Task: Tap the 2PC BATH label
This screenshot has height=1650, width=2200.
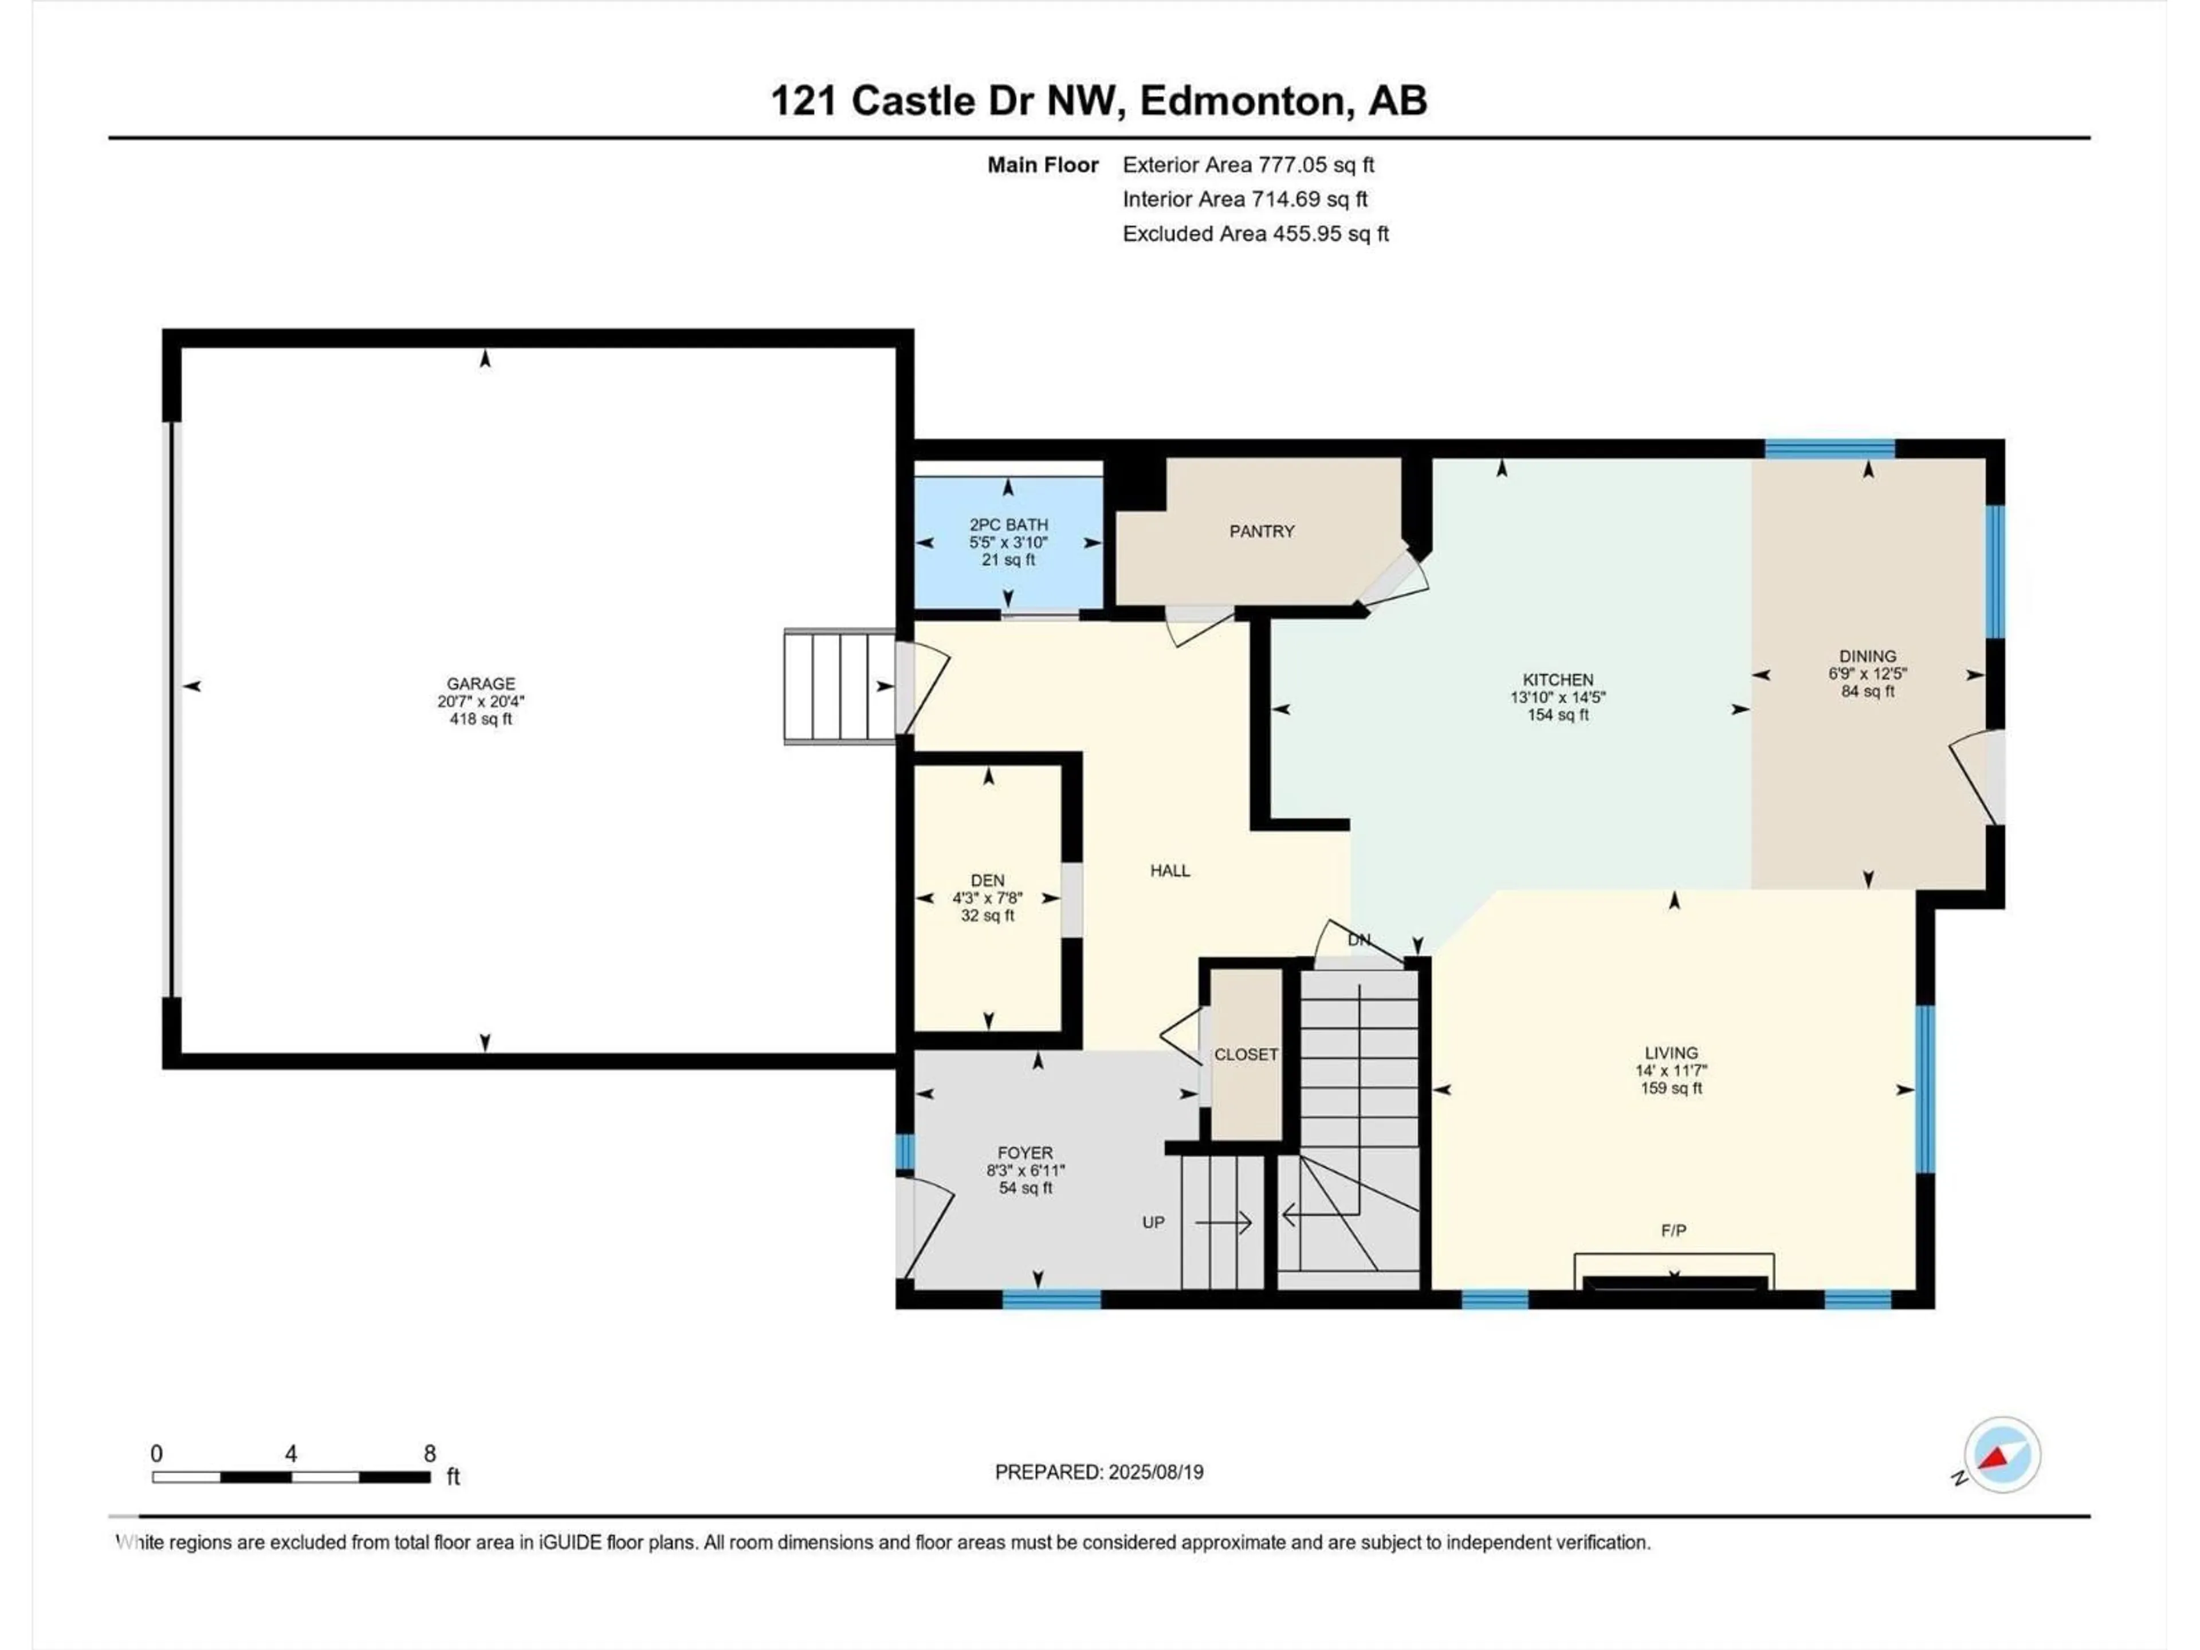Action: (1008, 524)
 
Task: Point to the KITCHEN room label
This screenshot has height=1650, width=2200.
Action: (1558, 680)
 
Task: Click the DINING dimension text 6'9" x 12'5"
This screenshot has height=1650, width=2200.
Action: (1868, 673)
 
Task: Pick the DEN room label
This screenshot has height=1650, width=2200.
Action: (988, 880)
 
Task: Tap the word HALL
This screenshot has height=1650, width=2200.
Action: (1170, 870)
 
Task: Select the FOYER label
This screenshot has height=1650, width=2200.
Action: (1026, 1153)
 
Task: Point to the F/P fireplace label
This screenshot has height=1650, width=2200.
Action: (1674, 1230)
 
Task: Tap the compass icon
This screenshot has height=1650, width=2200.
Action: (2002, 1455)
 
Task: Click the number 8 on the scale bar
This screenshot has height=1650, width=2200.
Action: (430, 1453)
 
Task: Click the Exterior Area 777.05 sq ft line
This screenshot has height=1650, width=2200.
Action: (1248, 165)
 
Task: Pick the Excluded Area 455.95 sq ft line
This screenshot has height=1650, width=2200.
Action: (1255, 234)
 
